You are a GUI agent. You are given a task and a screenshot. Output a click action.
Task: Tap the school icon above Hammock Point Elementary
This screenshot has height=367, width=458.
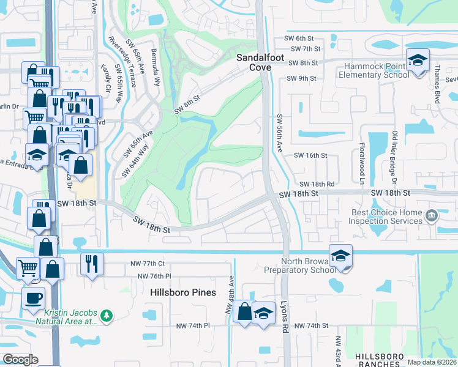pos(418,61)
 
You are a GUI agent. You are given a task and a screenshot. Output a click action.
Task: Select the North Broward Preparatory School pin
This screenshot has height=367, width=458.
pos(341,255)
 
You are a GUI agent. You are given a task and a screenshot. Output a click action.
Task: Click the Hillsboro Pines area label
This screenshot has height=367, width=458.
pos(183,292)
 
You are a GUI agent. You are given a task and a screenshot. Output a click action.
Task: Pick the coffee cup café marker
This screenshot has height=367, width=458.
pos(33,298)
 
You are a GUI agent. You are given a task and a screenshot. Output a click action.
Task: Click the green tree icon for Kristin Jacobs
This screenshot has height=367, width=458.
pos(107,315)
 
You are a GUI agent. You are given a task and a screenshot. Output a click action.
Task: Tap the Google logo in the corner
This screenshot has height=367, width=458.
pos(20,360)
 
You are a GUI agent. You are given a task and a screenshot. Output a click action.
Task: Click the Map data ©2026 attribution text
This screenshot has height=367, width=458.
pos(432,362)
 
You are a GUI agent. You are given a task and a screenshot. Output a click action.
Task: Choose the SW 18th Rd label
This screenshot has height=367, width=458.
pos(317,183)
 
